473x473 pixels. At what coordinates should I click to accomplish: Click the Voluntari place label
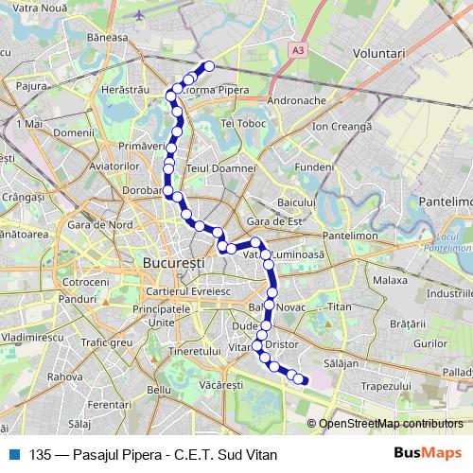(x=376, y=56)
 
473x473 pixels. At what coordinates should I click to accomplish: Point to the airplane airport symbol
(x=141, y=15)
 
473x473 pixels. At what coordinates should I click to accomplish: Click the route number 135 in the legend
(x=40, y=453)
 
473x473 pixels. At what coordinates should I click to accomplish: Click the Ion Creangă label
(x=342, y=125)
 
